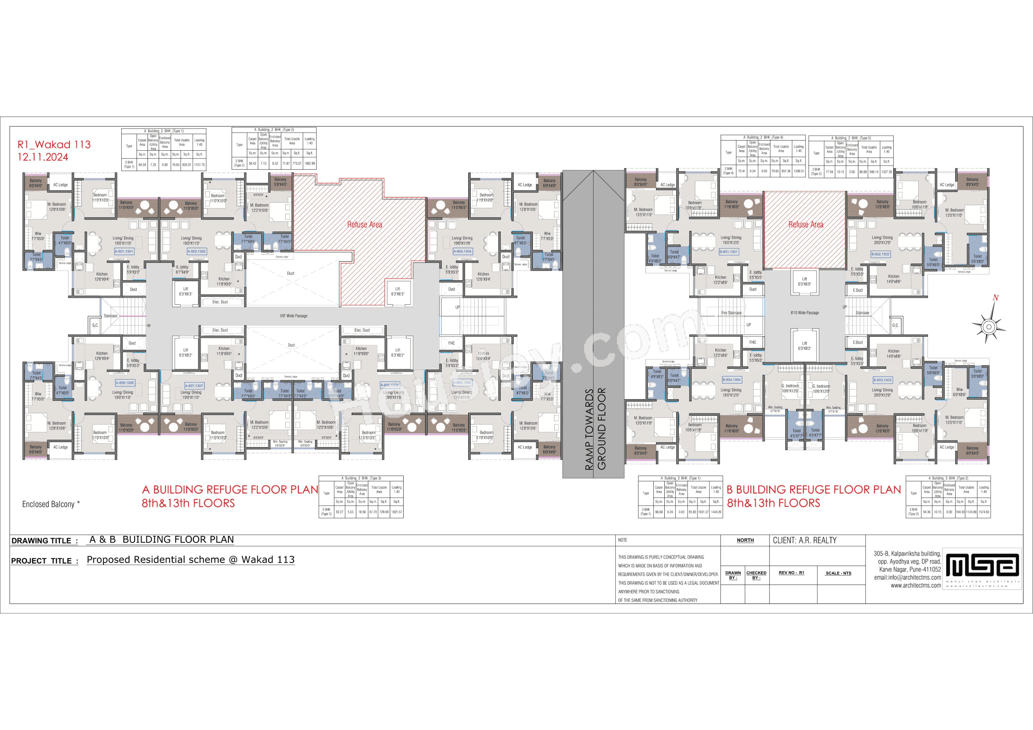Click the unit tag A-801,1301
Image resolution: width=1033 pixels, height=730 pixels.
(124, 252)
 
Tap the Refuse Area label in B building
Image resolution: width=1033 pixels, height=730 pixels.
(805, 225)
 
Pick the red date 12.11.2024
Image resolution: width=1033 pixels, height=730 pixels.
(43, 157)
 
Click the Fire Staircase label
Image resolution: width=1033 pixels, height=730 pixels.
(731, 313)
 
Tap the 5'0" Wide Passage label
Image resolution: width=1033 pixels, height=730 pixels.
(293, 316)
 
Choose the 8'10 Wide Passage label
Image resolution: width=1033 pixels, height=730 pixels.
(804, 313)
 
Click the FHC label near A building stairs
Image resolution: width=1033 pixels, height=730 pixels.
(451, 343)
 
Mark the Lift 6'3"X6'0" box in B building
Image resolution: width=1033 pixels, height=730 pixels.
(804, 282)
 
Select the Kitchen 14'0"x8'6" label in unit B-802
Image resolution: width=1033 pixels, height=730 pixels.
(894, 279)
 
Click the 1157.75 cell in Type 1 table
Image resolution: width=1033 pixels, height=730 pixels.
(199, 165)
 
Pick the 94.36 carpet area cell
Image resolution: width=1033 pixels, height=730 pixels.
(926, 512)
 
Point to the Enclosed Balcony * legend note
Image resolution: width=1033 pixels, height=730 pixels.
(51, 504)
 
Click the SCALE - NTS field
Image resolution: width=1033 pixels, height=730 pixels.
(838, 573)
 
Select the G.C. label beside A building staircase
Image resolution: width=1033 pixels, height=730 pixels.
(95, 325)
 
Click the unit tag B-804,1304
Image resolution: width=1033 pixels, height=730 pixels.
(731, 380)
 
